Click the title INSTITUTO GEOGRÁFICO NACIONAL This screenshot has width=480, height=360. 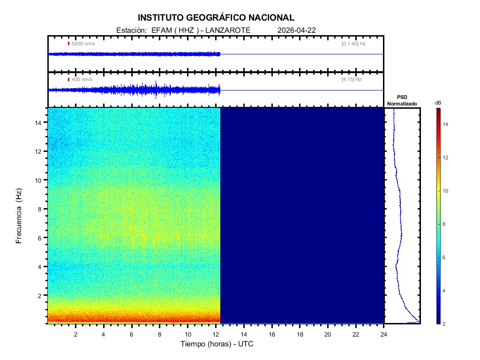click(216, 18)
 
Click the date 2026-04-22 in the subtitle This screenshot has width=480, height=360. click(297, 30)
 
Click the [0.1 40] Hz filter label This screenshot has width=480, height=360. click(354, 44)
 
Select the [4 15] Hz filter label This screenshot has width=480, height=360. click(352, 79)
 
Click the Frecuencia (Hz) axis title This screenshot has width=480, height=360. click(19, 216)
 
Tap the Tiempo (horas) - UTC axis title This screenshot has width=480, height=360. click(217, 344)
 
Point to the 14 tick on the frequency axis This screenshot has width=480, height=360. click(39, 122)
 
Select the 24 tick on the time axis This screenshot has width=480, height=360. click(384, 334)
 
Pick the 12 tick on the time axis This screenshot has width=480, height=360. click(216, 334)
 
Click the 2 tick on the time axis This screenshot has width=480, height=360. click(75, 334)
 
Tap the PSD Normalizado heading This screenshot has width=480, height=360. click(402, 100)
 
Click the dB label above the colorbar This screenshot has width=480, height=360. click(438, 103)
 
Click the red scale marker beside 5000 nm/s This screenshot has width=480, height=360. click(68, 44)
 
